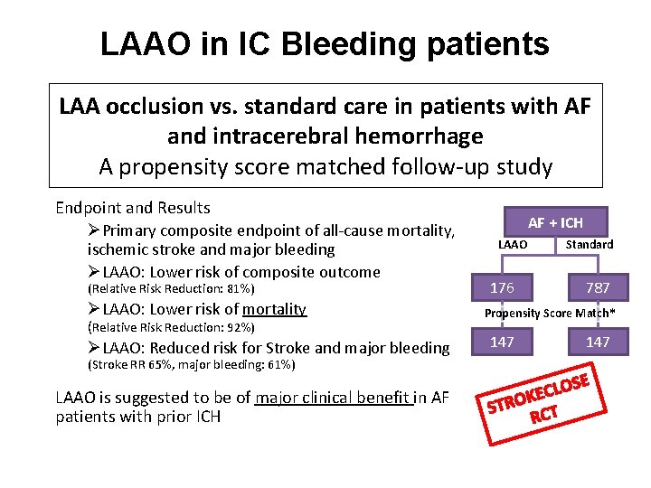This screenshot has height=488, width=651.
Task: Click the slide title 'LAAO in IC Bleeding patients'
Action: (325, 42)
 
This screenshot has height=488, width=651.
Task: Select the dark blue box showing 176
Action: (502, 287)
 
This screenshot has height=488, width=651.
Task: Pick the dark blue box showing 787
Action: (598, 287)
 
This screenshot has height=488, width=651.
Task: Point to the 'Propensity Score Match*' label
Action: (550, 314)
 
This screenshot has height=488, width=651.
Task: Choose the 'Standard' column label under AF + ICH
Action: (589, 244)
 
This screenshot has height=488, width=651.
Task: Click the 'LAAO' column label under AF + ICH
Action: (513, 244)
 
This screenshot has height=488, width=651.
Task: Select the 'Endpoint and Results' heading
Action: (132, 207)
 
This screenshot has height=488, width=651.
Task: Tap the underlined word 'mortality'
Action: (274, 309)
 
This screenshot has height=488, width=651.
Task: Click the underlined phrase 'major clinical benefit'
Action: (334, 398)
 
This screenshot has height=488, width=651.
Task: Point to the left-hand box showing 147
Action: (502, 342)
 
